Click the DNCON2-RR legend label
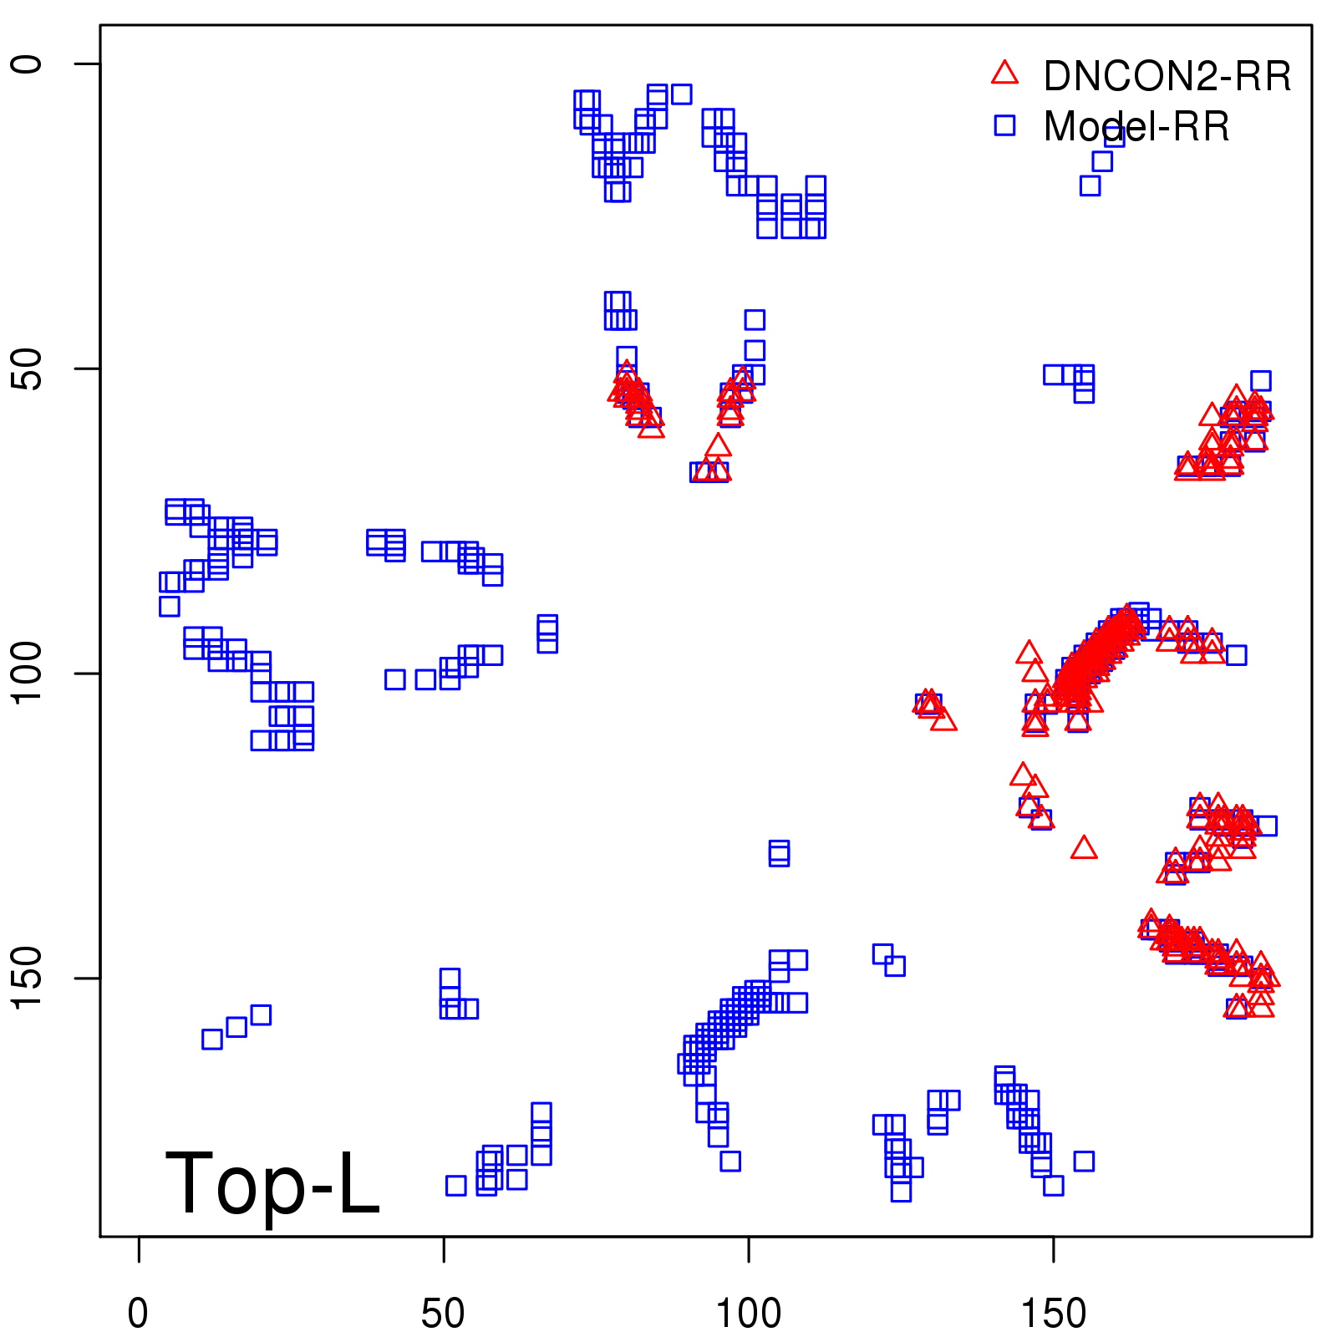(x=1167, y=77)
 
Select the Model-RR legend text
(x=1136, y=127)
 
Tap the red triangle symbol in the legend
(x=1004, y=74)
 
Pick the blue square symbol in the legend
(x=1004, y=125)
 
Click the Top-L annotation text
(x=272, y=1183)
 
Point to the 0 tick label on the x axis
(x=138, y=1314)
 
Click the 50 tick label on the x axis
(x=443, y=1314)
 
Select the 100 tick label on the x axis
(x=749, y=1314)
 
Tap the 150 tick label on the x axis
(x=1054, y=1314)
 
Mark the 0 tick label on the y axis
(x=27, y=64)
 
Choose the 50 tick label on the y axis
(x=27, y=369)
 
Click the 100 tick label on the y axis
(x=27, y=674)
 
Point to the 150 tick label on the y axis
(x=27, y=979)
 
